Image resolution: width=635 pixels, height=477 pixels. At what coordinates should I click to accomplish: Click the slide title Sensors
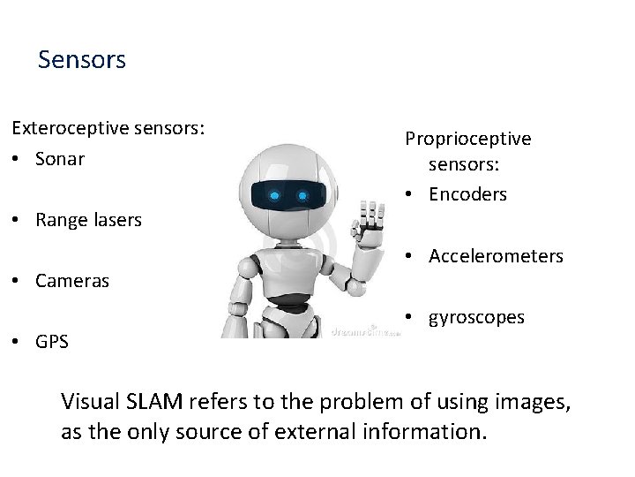click(x=82, y=60)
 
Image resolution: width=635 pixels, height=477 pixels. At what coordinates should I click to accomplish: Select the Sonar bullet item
click(x=60, y=159)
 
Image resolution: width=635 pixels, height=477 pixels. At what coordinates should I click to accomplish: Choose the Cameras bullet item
click(x=72, y=281)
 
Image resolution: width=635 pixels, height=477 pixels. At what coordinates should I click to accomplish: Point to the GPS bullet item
click(x=52, y=342)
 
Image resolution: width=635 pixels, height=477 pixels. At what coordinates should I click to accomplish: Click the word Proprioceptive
click(x=467, y=139)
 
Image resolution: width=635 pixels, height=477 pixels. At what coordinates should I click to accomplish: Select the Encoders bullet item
click(x=467, y=194)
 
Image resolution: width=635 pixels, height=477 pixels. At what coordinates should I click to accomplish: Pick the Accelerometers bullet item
click(x=496, y=256)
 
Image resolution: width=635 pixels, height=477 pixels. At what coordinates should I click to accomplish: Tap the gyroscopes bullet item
click(x=476, y=317)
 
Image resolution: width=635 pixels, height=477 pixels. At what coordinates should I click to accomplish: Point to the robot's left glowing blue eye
click(x=275, y=194)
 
